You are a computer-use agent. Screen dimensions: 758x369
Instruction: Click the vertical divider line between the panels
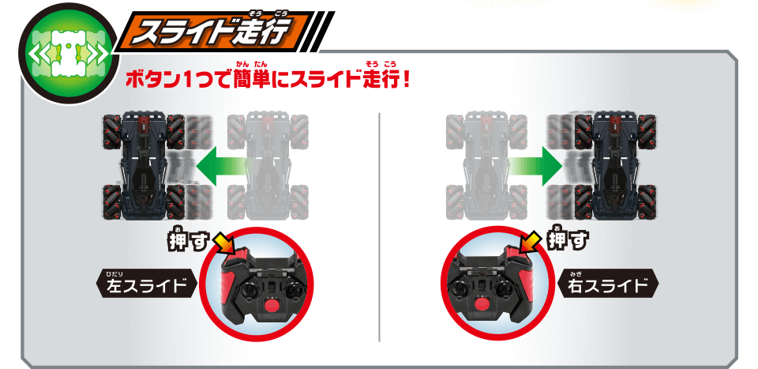380,227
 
